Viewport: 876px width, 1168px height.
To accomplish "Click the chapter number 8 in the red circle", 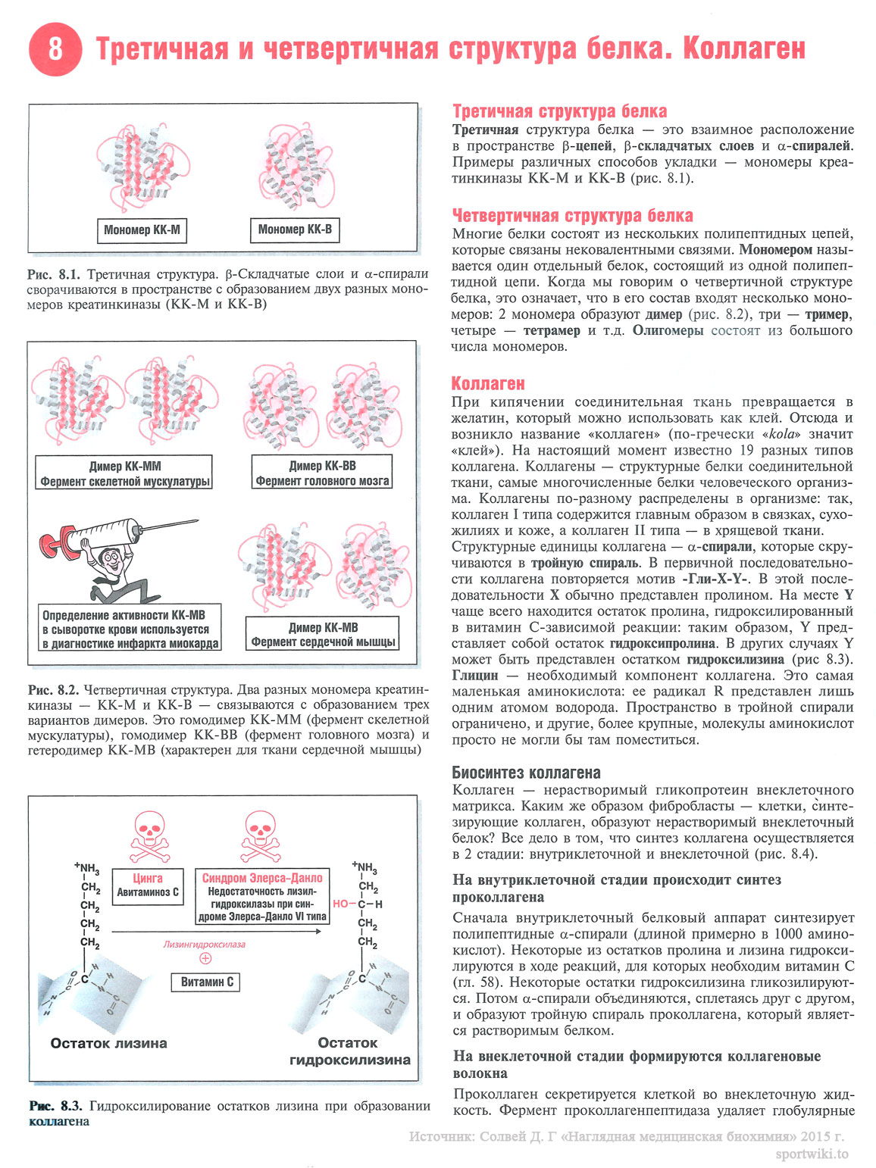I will click(55, 48).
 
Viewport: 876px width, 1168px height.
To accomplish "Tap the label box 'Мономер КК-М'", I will click(142, 230).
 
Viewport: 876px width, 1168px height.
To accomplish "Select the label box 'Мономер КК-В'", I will click(295, 230).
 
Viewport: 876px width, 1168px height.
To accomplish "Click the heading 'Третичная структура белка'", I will click(559, 111).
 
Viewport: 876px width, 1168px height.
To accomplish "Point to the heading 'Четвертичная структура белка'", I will click(572, 216).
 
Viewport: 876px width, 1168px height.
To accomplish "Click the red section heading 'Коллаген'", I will click(487, 383).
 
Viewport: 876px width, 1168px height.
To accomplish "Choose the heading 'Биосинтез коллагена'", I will click(526, 773).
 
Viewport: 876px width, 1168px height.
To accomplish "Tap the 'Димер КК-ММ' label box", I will click(125, 473).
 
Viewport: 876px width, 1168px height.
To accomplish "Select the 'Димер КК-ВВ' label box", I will click(322, 473).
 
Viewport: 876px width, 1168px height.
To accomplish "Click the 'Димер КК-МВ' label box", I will click(323, 635).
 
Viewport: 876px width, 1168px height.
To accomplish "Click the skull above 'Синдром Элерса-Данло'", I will click(261, 834).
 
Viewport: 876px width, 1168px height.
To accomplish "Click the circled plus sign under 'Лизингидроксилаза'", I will click(205, 958).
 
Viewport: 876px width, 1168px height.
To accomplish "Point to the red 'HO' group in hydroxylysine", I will click(341, 904).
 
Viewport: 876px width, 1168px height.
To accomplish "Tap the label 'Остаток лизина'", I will click(108, 1043).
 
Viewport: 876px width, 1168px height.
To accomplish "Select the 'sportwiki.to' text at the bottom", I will click(812, 1154).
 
